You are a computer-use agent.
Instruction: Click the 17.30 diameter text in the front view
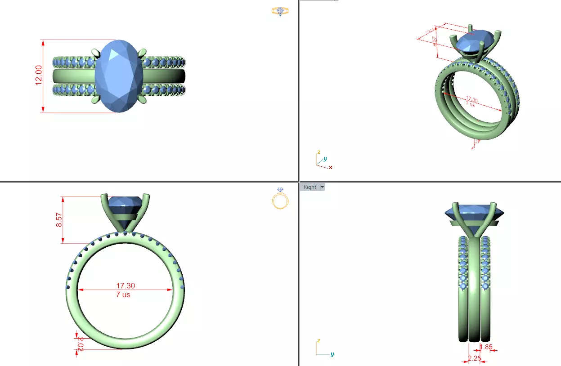(x=126, y=286)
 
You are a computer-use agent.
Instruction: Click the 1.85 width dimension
(x=487, y=347)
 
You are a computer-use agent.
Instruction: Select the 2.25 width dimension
(x=475, y=358)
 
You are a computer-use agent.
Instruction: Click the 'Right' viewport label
(x=310, y=187)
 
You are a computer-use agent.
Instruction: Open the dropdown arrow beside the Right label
(x=322, y=187)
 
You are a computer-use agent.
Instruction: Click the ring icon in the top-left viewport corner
(x=280, y=11)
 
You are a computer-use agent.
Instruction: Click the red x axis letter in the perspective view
(x=331, y=167)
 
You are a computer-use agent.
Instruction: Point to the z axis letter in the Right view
(x=319, y=340)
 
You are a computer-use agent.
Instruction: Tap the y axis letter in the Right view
(x=332, y=354)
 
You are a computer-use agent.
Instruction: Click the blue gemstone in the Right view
(x=473, y=212)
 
